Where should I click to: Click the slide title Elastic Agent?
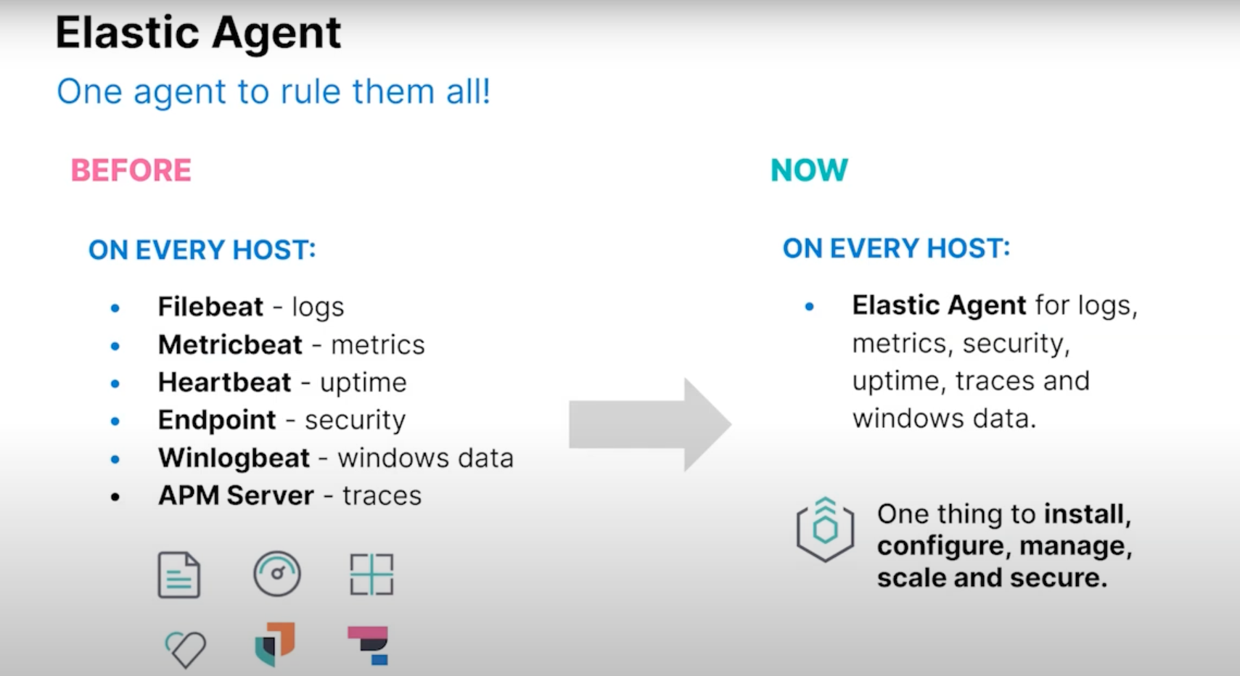[x=198, y=33]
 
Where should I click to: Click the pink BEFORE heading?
[x=131, y=170]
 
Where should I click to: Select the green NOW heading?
[x=808, y=170]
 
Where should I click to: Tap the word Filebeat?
[x=210, y=307]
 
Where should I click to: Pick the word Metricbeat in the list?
[x=230, y=345]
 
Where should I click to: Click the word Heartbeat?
[x=224, y=382]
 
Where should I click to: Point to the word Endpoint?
[x=217, y=420]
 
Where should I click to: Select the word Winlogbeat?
[x=234, y=458]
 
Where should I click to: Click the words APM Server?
[x=236, y=495]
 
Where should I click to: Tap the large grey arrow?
[x=649, y=424]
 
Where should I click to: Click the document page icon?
[x=178, y=574]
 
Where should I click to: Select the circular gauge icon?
[x=276, y=574]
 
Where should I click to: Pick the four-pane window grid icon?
[x=371, y=574]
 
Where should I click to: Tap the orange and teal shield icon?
[x=275, y=644]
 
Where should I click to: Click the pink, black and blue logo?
[x=370, y=645]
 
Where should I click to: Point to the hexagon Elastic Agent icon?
[x=825, y=529]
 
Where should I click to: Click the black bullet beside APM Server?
[x=115, y=497]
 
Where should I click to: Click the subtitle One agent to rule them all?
[x=274, y=92]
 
